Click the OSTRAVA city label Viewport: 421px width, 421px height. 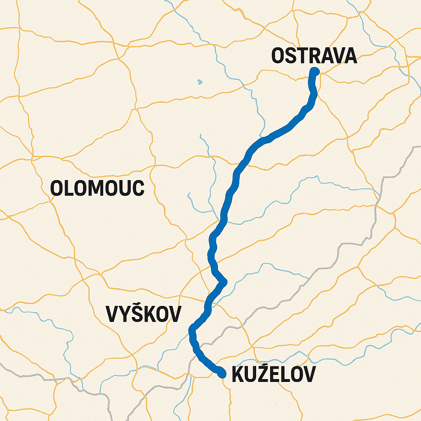pyautogui.click(x=314, y=56)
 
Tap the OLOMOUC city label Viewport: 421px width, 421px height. pyautogui.click(x=97, y=188)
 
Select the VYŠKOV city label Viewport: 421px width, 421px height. pyautogui.click(x=143, y=314)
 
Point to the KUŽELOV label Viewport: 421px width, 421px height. pyautogui.click(x=274, y=375)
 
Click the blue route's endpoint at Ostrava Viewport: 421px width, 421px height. pyautogui.click(x=315, y=71)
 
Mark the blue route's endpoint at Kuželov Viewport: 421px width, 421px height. pyautogui.click(x=222, y=374)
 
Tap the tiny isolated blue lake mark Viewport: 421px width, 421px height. pyautogui.click(x=200, y=81)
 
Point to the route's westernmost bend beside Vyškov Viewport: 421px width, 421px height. pyautogui.click(x=192, y=330)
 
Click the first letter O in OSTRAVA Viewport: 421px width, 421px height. pyautogui.click(x=278, y=56)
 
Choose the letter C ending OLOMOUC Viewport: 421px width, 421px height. pyautogui.click(x=138, y=188)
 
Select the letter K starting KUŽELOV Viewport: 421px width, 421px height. pyautogui.click(x=238, y=375)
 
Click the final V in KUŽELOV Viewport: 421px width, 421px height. pyautogui.click(x=309, y=375)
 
